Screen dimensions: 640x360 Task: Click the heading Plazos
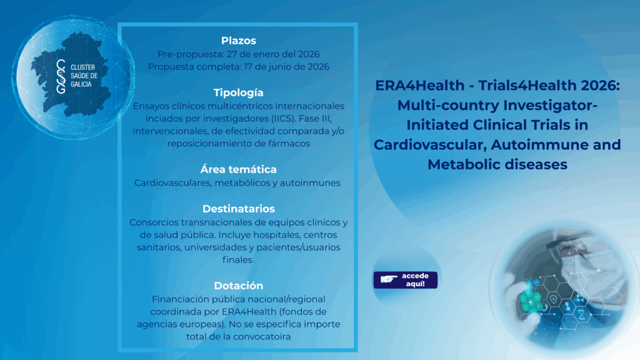click(238, 41)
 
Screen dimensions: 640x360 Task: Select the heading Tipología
click(238, 92)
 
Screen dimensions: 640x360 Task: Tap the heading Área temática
click(238, 169)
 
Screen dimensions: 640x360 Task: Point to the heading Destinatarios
click(238, 209)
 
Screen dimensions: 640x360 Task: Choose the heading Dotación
click(238, 285)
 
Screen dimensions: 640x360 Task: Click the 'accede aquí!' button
click(405, 280)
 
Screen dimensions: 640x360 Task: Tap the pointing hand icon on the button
click(389, 279)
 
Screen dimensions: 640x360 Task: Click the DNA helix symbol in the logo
click(61, 76)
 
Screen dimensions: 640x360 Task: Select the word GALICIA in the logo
click(81, 84)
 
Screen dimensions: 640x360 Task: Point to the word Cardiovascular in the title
click(430, 144)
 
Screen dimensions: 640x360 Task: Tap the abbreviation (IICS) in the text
click(282, 118)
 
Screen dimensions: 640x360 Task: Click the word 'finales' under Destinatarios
click(237, 259)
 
